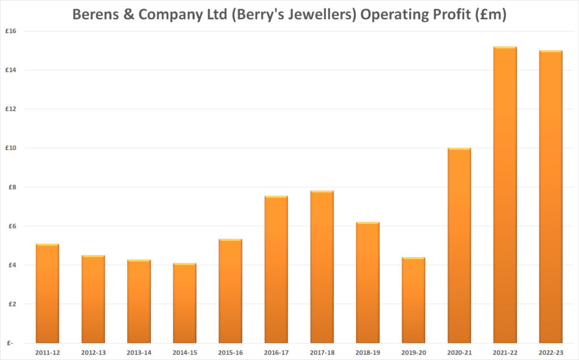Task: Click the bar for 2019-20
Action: pos(413,300)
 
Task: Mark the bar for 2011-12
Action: pos(47,293)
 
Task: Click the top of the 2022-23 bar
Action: pos(550,51)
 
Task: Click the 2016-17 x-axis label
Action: pos(275,352)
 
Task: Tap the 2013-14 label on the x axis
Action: pos(139,352)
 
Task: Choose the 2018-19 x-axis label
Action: pos(367,352)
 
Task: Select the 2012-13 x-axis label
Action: pos(93,352)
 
